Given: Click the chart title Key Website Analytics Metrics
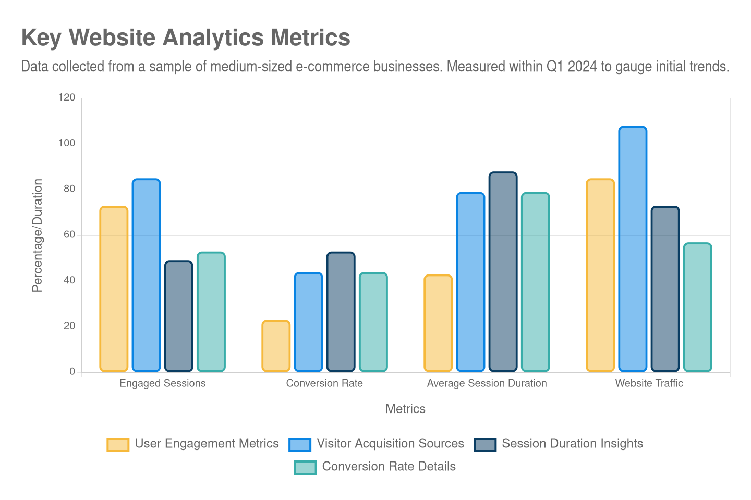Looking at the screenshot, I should tap(186, 37).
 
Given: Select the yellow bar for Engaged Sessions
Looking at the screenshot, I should tap(114, 289).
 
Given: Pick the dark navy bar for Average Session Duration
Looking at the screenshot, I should tap(503, 272).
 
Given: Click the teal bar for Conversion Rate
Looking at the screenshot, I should tap(373, 322).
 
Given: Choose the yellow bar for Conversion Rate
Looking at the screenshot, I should tap(276, 346).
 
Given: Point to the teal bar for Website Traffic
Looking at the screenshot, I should tap(697, 307).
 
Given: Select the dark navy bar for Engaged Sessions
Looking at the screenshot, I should tap(178, 316).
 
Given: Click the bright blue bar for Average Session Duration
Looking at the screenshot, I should tap(470, 282).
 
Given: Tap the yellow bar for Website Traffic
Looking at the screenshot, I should tap(600, 275).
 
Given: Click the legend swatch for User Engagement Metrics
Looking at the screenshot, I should tap(118, 444).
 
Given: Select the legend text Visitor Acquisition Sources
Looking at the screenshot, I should tap(390, 444).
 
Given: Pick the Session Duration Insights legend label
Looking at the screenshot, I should tap(572, 444).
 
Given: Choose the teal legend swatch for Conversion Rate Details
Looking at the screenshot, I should tap(305, 467).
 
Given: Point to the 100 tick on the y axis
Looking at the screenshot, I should tap(67, 143).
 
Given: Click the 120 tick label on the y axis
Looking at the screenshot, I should tap(67, 97).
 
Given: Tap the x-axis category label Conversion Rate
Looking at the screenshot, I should tap(324, 383).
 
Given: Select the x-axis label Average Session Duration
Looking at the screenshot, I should tap(487, 383).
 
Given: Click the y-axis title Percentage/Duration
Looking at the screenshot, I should tap(37, 235).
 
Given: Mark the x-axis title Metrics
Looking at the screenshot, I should tap(405, 409).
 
